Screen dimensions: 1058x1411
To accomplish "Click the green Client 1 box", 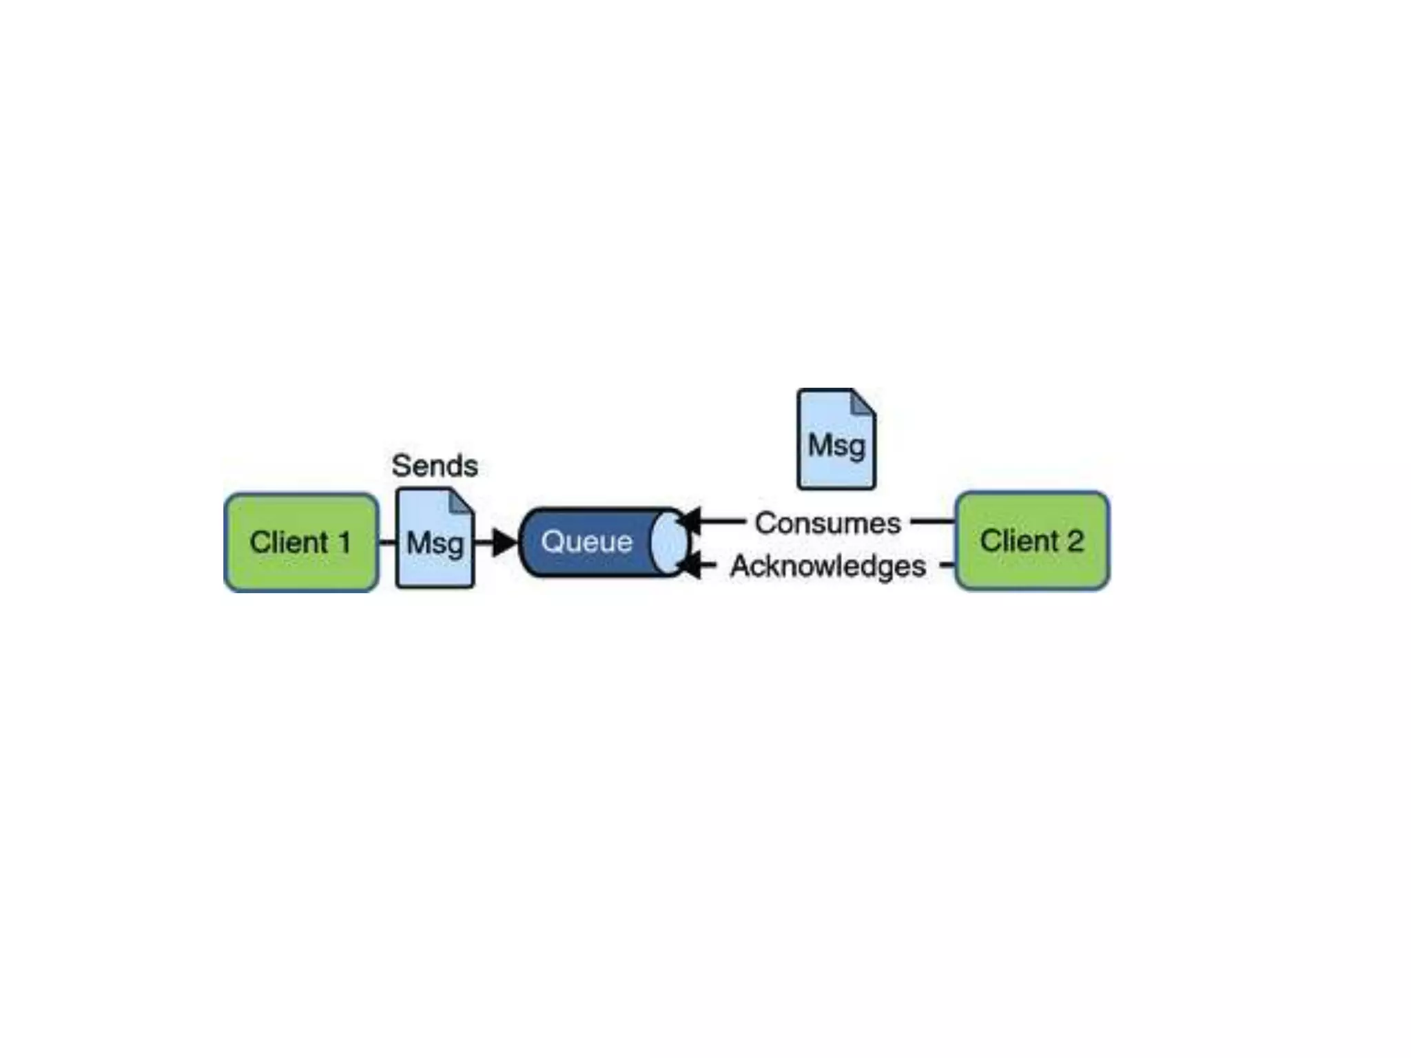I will coord(301,542).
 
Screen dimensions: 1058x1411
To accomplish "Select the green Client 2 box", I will coord(1032,541).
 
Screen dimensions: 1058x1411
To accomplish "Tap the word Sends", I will coord(435,466).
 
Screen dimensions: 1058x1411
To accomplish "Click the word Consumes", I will coord(827,523).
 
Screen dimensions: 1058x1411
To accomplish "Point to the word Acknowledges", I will coord(827,566).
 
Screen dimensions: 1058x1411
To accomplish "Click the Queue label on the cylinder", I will coord(586,541).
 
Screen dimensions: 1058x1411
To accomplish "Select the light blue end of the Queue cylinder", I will coord(668,542).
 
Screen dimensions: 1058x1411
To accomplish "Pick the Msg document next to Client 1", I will coord(435,539).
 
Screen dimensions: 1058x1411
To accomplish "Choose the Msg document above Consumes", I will coord(836,439).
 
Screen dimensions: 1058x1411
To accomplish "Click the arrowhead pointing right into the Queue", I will coord(506,542).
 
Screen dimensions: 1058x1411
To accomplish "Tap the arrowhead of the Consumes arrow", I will coord(690,521).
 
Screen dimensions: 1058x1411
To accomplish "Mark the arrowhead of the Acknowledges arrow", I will coord(690,566).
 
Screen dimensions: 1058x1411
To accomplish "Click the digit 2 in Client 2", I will coord(1075,541).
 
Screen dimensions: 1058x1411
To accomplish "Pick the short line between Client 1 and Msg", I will coord(387,542).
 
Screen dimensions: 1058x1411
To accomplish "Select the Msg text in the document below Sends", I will coord(435,543).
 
